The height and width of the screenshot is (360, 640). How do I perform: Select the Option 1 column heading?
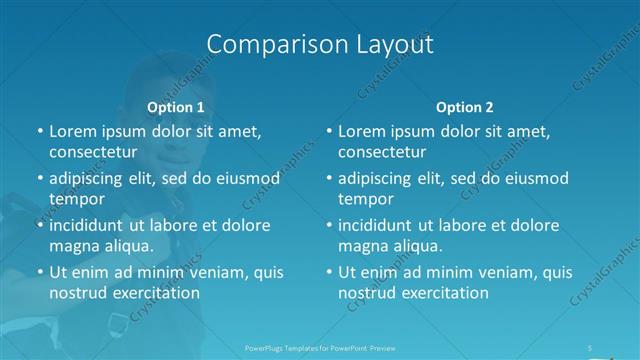(176, 107)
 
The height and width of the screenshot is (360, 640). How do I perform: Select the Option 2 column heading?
(465, 107)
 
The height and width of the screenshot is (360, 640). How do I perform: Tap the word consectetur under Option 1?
(92, 152)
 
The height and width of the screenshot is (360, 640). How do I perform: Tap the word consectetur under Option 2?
(382, 152)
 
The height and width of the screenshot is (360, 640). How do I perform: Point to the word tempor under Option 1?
(76, 199)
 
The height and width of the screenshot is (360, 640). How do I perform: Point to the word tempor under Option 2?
(366, 199)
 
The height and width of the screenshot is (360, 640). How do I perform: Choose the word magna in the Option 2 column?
(361, 245)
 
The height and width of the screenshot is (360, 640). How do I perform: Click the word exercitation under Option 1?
(153, 293)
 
